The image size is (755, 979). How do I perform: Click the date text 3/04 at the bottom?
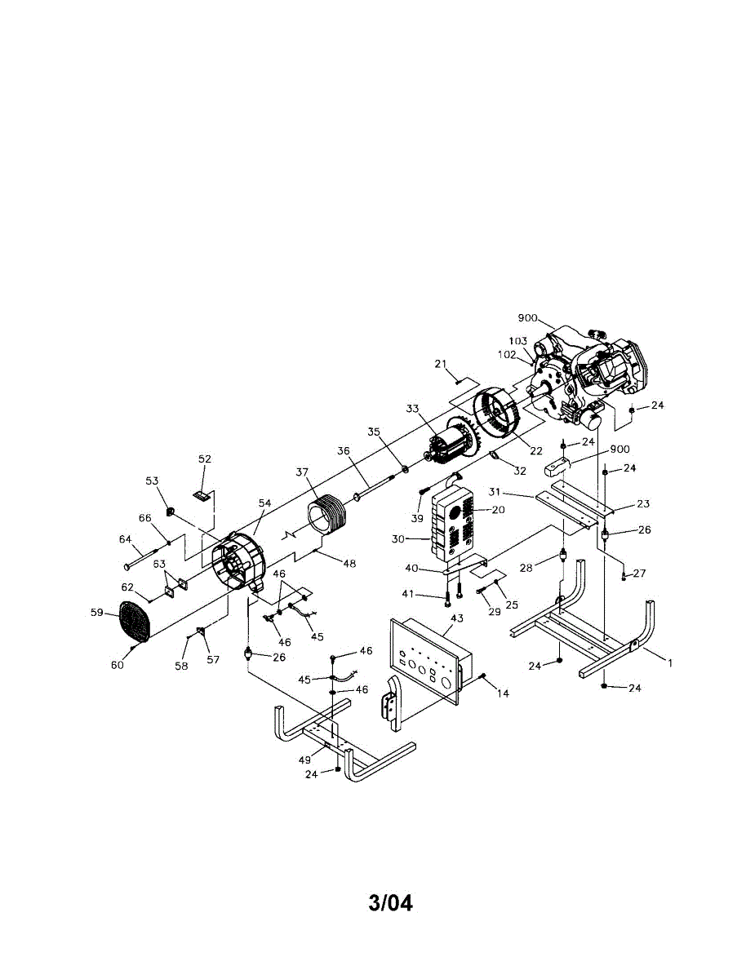click(390, 903)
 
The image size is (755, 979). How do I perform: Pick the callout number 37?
click(303, 473)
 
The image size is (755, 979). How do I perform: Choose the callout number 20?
click(498, 509)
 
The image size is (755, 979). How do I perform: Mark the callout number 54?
click(264, 504)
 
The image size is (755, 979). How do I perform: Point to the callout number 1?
click(670, 662)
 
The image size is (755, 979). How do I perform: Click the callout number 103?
click(517, 341)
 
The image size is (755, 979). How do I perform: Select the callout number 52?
click(204, 459)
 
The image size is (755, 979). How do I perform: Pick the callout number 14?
click(503, 693)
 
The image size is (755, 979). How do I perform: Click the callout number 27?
click(638, 573)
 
